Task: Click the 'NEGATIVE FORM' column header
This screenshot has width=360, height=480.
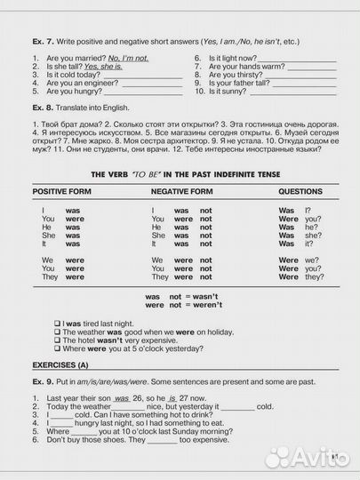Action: pos(182,191)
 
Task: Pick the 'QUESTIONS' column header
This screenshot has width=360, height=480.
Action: pos(300,191)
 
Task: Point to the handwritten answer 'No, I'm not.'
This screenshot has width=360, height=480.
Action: pos(128,57)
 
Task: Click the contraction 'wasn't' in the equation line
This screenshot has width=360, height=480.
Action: pos(206,296)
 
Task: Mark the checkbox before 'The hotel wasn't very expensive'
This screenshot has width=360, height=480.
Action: pos(57,340)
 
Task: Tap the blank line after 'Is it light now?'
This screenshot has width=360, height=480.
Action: pos(300,57)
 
